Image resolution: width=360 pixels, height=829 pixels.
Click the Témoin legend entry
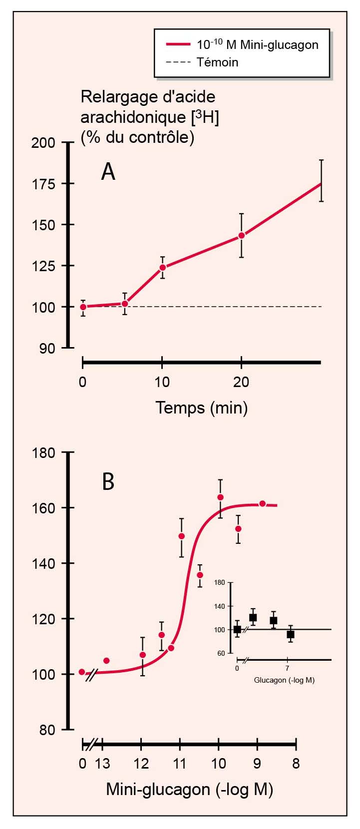[217, 62]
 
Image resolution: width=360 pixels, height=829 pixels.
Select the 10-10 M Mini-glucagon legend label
[257, 44]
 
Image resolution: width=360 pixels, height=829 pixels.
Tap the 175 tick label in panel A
[43, 184]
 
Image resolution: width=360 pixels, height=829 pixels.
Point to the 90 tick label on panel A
[47, 348]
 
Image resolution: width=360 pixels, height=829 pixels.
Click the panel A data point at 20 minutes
[242, 235]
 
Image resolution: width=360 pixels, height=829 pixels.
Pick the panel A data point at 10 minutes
[162, 267]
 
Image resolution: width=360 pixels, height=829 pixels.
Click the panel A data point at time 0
[83, 307]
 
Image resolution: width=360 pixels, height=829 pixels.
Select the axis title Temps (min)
[201, 408]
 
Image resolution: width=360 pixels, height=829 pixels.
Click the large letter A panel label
[108, 172]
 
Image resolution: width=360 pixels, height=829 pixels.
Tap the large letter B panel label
[108, 482]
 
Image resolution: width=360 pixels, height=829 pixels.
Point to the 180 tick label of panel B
[43, 453]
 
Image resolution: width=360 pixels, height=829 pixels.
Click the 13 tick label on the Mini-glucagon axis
[102, 764]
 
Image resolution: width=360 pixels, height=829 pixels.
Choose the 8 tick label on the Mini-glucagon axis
[296, 764]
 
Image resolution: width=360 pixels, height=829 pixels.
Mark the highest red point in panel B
[220, 497]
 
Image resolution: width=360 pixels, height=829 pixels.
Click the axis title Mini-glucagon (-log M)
[189, 790]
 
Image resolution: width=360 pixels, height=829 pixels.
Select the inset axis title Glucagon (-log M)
[284, 680]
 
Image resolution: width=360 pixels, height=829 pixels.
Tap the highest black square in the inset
[253, 618]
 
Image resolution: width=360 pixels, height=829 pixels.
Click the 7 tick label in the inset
[287, 668]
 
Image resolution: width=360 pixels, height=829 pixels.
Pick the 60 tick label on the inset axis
[221, 653]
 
